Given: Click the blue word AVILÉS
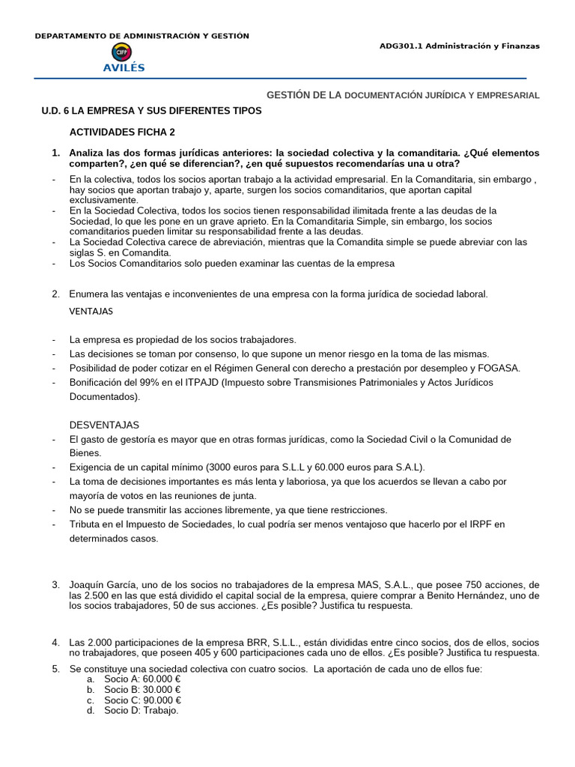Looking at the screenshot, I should pyautogui.click(x=124, y=67).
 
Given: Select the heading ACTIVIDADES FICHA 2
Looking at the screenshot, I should pyautogui.click(x=122, y=132).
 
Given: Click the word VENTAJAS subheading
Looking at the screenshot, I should pyautogui.click(x=91, y=311).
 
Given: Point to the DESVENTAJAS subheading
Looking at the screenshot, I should pyautogui.click(x=104, y=425).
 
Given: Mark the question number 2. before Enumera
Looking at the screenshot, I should pyautogui.click(x=56, y=294).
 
